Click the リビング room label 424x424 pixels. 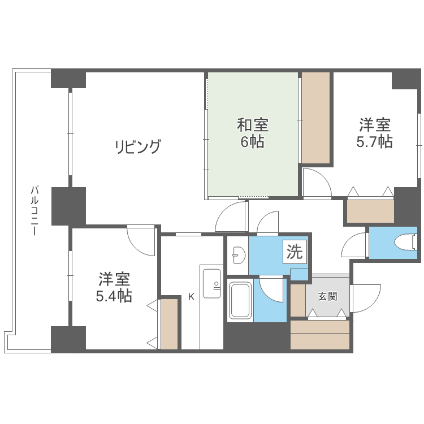(x=139, y=147)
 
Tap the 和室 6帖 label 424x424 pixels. (x=252, y=133)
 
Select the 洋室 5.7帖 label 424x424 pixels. (x=374, y=133)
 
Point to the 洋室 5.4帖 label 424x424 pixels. (x=115, y=287)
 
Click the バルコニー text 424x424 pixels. (x=34, y=210)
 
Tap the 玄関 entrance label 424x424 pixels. (x=327, y=296)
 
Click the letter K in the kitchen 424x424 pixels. (x=191, y=296)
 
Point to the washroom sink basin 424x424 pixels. (x=237, y=256)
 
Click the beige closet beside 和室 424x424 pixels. (x=315, y=118)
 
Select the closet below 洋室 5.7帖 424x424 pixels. (x=370, y=211)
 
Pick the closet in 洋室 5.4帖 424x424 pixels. (x=169, y=323)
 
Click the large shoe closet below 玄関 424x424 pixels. (x=319, y=335)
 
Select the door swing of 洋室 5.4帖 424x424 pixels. (x=141, y=240)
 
